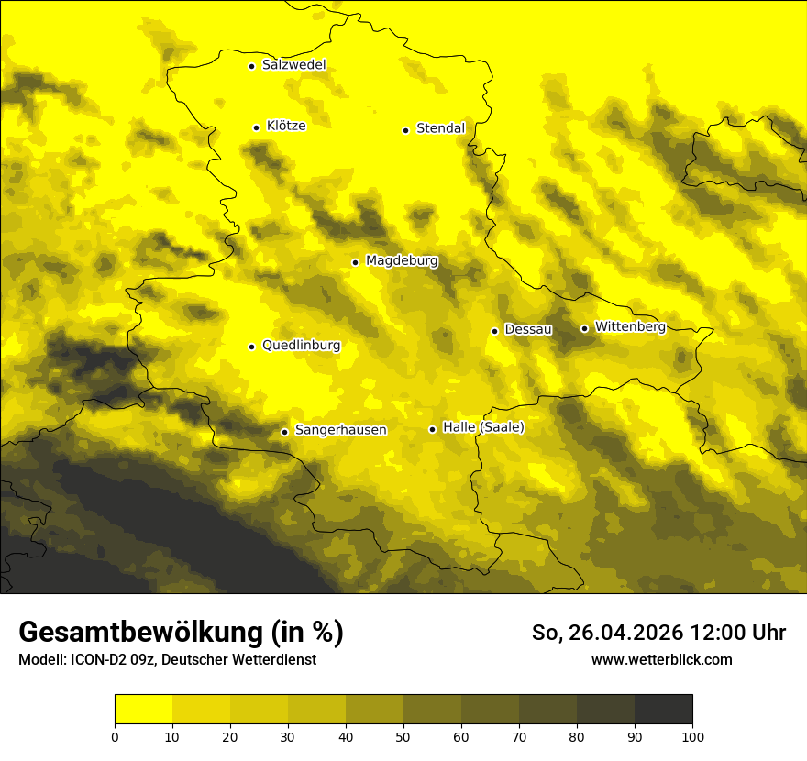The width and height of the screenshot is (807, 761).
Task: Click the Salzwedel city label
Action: [x=293, y=65]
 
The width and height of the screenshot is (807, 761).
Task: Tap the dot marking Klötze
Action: [x=257, y=127]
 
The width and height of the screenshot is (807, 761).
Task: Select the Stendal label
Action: [x=440, y=128]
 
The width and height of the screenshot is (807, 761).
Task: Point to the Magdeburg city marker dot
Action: [x=355, y=262]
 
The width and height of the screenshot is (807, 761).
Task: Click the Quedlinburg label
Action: [x=301, y=346]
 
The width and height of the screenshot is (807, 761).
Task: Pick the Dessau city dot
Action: [x=495, y=331]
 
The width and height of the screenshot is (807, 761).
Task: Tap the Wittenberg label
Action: [x=630, y=326]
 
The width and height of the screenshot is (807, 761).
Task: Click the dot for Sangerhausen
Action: [x=285, y=432]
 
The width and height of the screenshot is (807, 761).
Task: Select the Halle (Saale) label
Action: [x=483, y=427]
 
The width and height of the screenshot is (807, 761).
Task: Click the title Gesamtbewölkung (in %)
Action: [x=181, y=633]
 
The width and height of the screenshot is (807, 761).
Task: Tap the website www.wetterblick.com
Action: [x=661, y=660]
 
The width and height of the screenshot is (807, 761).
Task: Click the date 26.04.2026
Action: [x=621, y=633]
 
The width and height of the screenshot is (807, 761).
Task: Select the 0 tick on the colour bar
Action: [x=115, y=736]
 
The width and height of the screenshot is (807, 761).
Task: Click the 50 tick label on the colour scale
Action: [x=403, y=736]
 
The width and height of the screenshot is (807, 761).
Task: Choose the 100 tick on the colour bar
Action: [x=692, y=736]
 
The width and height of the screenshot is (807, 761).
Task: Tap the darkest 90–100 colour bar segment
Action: [x=663, y=710]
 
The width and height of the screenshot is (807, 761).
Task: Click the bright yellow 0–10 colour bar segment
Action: [x=143, y=710]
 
